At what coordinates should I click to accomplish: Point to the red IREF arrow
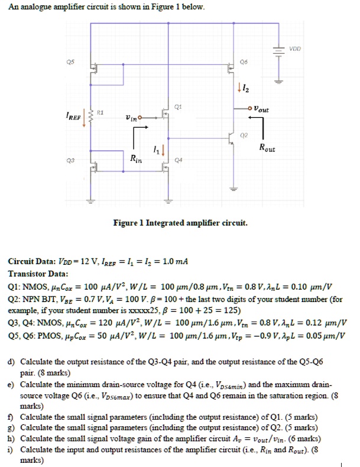[83, 115]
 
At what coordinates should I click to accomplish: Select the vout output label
[260, 109]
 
